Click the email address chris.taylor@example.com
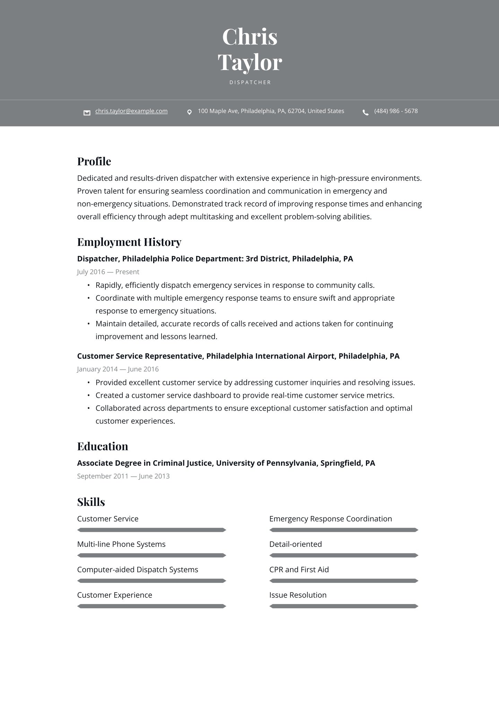[131, 111]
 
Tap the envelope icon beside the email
[87, 112]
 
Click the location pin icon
[189, 112]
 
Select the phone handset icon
[366, 112]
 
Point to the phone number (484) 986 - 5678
[396, 111]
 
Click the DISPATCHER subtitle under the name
[250, 83]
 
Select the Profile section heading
[94, 162]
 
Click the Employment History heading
[129, 242]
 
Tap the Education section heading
[102, 446]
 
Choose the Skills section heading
[91, 502]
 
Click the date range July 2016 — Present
[108, 272]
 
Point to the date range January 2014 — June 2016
[118, 369]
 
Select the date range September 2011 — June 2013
[123, 476]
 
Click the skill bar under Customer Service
[151, 530]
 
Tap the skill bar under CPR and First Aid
[344, 580]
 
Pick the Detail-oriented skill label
[295, 544]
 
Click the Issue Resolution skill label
[298, 595]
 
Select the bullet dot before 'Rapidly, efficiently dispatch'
[88, 285]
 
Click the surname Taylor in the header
[249, 63]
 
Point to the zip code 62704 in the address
[296, 111]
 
